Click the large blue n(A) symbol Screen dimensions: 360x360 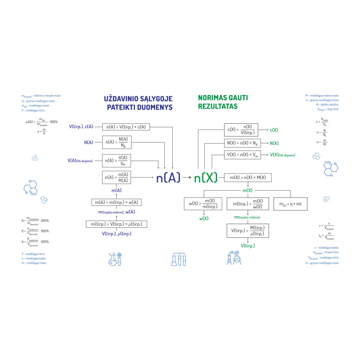(168, 177)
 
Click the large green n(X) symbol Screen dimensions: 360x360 (206, 177)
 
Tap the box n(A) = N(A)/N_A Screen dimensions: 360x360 (117, 143)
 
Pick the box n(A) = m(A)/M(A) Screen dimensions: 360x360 (117, 177)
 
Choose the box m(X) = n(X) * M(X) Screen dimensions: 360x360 (248, 178)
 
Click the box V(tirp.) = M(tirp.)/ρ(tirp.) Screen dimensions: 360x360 (248, 231)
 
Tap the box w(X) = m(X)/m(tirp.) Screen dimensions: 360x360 (203, 204)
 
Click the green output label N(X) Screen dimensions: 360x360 (274, 143)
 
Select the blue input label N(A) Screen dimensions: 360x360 (89, 143)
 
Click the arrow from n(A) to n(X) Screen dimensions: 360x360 (187, 177)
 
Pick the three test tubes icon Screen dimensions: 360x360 (179, 259)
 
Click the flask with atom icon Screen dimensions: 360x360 (115, 259)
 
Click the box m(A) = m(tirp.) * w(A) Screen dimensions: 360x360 (116, 202)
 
